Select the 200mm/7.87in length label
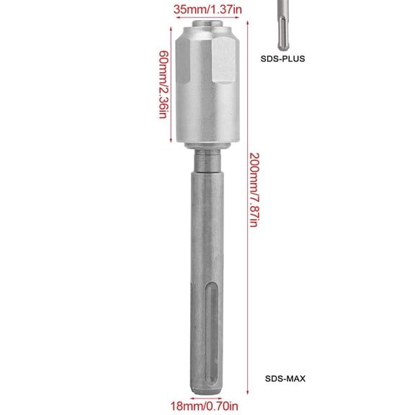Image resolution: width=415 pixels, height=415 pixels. point(254,189)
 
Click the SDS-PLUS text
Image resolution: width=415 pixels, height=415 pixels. point(282,60)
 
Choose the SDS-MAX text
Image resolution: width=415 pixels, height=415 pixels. point(282,377)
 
